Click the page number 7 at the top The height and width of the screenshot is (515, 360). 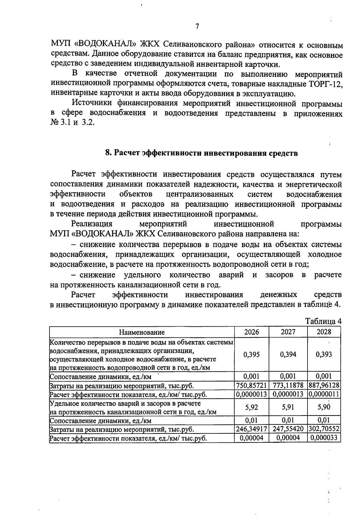click(197, 26)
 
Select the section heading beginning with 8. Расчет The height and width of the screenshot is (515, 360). click(202, 153)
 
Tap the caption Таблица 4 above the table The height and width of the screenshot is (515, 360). click(323, 321)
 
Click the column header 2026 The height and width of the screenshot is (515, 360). click(251, 332)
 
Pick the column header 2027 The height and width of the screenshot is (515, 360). click(288, 332)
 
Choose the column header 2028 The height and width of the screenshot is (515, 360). click(324, 332)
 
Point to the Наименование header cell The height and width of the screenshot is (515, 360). click(142, 332)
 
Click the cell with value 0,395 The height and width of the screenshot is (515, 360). click(251, 355)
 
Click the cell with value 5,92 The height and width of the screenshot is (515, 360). click(251, 407)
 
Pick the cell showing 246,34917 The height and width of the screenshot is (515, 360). click(251, 429)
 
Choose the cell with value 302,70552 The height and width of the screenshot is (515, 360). click(324, 429)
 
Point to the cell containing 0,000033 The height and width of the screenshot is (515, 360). click(324, 438)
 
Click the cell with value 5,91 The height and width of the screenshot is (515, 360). click(288, 407)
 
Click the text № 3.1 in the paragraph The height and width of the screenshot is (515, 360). click(59, 123)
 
